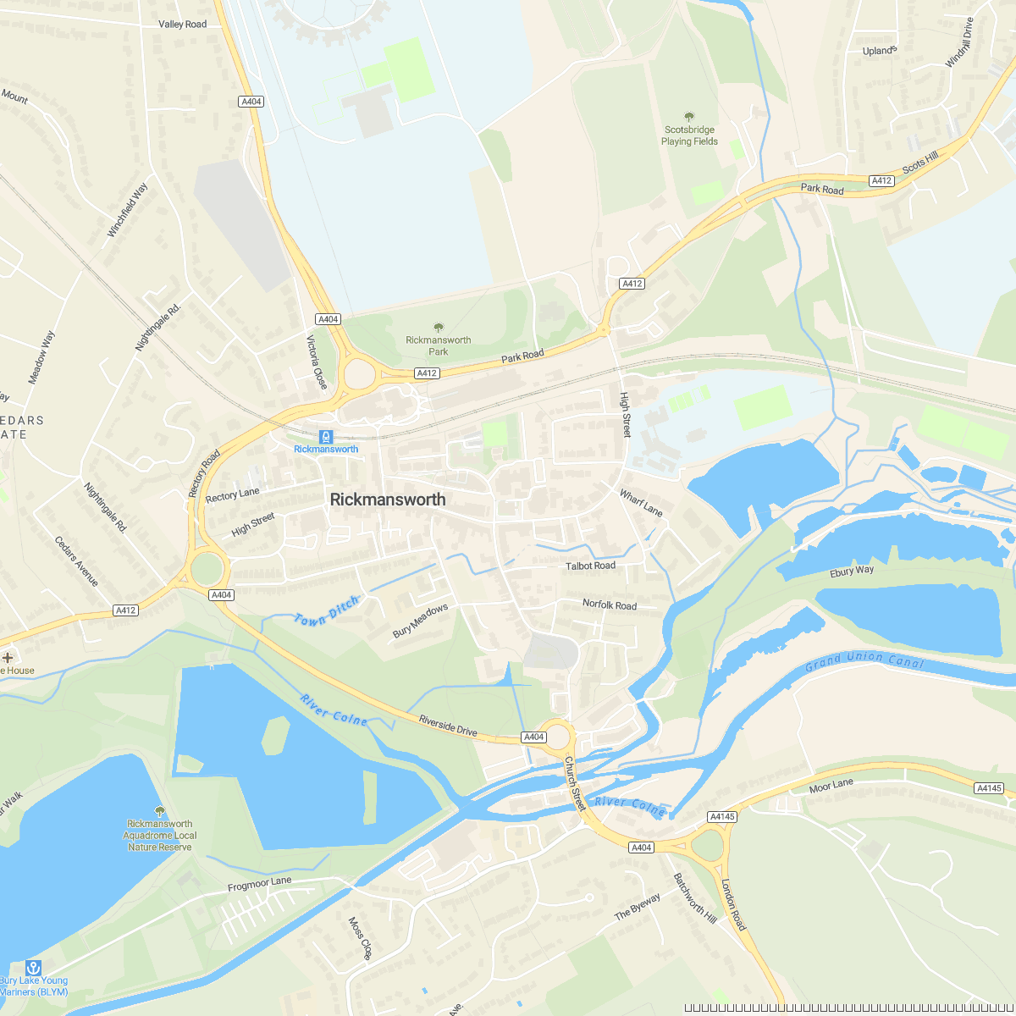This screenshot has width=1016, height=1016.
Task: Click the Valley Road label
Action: click(182, 25)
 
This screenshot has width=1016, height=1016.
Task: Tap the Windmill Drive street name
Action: click(959, 42)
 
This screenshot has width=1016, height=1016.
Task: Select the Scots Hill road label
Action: click(920, 163)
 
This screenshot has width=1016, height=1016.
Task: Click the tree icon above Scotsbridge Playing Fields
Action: click(689, 117)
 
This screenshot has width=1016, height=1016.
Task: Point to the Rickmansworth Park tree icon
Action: click(438, 327)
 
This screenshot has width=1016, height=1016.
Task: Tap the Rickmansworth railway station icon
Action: click(326, 436)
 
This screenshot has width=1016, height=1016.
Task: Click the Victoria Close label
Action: click(317, 362)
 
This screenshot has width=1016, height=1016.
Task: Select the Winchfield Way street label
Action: click(127, 209)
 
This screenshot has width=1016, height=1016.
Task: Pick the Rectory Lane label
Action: click(233, 494)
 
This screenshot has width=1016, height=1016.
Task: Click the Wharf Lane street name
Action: click(641, 503)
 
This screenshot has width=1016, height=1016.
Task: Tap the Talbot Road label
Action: click(591, 566)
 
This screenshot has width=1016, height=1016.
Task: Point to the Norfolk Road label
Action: click(609, 605)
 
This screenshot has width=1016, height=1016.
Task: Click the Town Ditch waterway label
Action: click(327, 610)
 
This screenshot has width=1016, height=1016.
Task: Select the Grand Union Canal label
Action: click(864, 660)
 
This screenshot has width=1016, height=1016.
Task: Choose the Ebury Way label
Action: click(852, 571)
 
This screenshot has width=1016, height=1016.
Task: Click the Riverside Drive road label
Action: click(448, 726)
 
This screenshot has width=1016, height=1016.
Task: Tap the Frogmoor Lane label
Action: click(259, 884)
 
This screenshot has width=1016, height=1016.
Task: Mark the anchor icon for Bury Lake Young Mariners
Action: click(33, 967)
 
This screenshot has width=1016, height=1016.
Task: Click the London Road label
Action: click(733, 904)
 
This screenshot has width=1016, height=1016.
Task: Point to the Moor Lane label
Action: click(831, 785)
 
